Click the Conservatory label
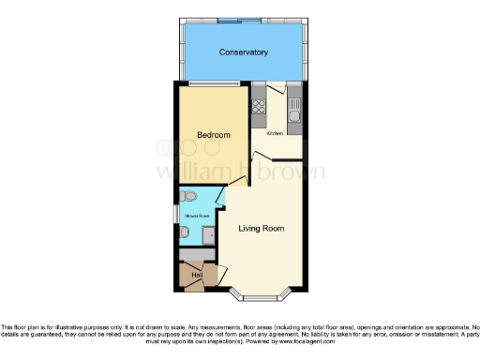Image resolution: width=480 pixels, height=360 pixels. point(244,52)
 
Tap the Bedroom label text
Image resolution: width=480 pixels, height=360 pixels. point(213,136)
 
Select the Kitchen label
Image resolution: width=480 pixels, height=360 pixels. point(275,133)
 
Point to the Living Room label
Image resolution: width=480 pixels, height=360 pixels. point(261,228)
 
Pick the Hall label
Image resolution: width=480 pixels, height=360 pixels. point(197,275)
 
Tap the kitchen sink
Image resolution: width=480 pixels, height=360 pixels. point(294,115)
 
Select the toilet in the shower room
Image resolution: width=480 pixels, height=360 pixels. point(190,197)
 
